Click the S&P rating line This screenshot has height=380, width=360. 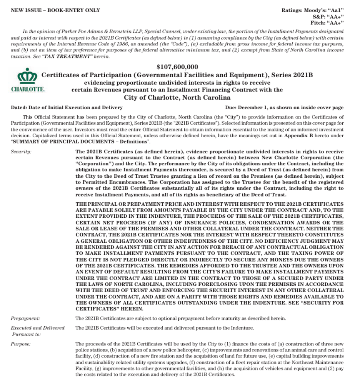[328, 17]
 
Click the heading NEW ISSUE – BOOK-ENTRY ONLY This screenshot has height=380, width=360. [55, 10]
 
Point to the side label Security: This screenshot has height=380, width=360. [21, 152]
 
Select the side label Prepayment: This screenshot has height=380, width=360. [25, 318]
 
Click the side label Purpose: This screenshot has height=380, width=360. [20, 343]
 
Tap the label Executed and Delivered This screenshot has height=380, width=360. [38, 328]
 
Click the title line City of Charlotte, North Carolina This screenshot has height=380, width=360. [177, 98]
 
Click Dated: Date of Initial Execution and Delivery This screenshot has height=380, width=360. [67, 108]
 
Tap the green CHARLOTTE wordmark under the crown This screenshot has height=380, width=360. [28, 90]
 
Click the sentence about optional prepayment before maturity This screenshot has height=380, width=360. [180, 318]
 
